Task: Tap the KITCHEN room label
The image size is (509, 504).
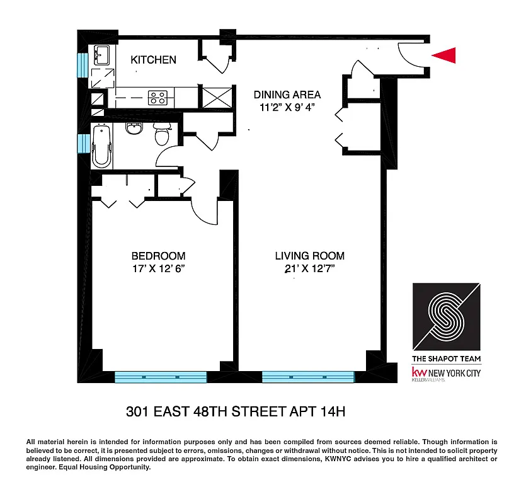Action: [153, 60]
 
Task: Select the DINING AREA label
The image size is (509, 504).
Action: [287, 95]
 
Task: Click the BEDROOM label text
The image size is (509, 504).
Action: [158, 256]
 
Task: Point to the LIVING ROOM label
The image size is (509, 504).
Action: [309, 256]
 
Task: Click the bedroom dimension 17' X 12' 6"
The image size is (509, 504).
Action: [158, 269]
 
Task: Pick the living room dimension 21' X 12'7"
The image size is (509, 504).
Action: [309, 269]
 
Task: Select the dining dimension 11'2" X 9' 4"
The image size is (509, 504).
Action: [287, 108]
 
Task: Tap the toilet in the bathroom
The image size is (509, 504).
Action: [163, 134]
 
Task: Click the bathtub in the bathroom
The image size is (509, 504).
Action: [101, 147]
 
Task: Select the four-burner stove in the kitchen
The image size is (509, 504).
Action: [157, 98]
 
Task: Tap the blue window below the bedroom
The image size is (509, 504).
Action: [161, 377]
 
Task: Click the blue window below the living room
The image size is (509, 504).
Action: [308, 377]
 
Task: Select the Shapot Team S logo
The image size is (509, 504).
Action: [446, 316]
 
